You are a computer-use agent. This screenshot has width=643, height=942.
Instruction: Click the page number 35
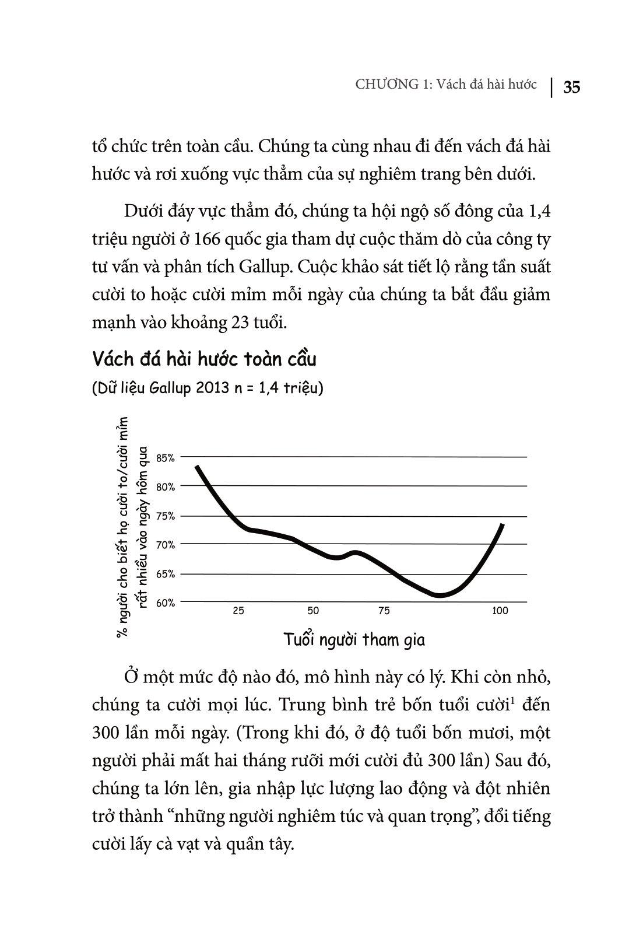coord(571,87)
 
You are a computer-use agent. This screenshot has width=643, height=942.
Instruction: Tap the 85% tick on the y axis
coord(166,458)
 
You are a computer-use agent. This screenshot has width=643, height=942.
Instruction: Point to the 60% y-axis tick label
coord(166,603)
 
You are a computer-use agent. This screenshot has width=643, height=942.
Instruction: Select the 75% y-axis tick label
coord(166,516)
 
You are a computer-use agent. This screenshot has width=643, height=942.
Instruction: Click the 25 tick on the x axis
coord(238,611)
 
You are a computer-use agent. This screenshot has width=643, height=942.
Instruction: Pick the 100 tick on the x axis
coord(500,611)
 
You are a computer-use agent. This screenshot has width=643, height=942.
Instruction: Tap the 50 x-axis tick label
coord(314,611)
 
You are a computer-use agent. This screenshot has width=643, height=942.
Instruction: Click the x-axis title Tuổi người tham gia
coord(354,639)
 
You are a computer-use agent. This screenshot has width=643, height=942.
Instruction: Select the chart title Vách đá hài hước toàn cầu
coord(204,359)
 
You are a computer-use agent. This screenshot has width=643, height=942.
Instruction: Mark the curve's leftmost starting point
coord(197,467)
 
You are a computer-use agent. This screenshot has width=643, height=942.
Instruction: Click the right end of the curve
coord(502,525)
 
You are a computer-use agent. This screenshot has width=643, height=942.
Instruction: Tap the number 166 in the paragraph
coord(207,239)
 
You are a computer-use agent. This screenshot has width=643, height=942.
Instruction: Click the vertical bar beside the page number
coord(551,86)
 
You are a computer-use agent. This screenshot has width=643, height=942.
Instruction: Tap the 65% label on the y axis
coord(166,574)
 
